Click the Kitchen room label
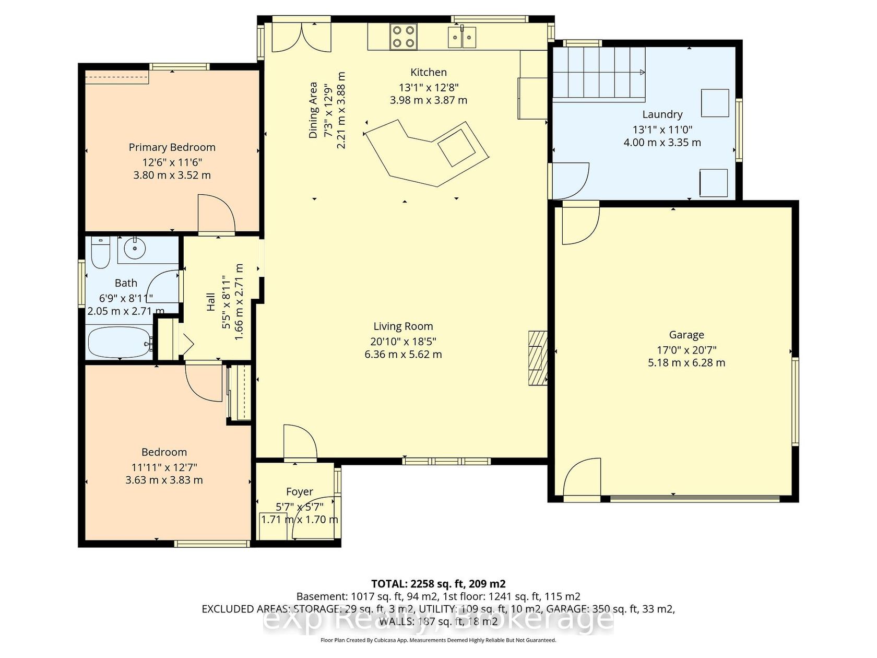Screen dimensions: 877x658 (428, 72)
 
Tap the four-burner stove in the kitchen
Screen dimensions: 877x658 (404, 37)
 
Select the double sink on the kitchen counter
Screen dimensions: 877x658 (462, 37)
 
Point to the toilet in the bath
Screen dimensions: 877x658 (100, 252)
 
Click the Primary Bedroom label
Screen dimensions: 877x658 (172, 147)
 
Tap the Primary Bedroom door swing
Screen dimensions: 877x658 (216, 213)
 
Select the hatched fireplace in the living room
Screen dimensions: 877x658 (538, 358)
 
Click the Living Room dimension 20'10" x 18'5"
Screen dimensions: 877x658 (402, 341)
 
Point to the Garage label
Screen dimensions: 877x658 (686, 334)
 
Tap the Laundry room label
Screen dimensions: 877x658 (662, 114)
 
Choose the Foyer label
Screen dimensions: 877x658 (299, 491)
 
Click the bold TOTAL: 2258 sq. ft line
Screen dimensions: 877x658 (438, 584)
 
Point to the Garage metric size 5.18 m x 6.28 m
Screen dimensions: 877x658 (686, 362)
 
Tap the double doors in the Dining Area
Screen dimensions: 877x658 (302, 37)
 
